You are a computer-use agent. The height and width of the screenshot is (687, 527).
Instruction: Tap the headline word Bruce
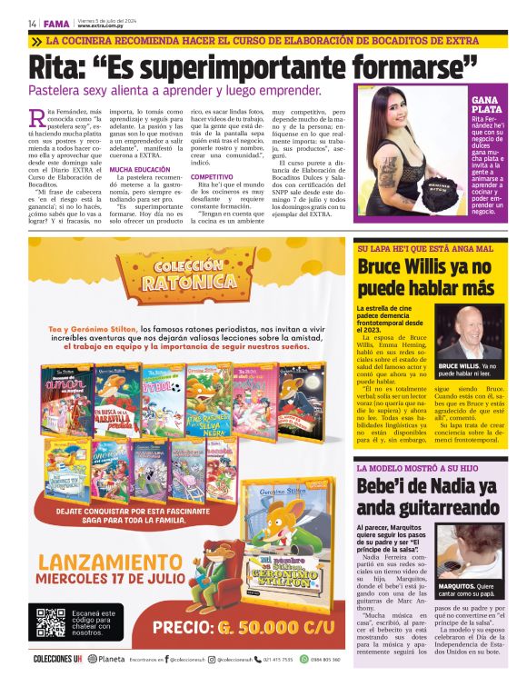coord(385,267)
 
